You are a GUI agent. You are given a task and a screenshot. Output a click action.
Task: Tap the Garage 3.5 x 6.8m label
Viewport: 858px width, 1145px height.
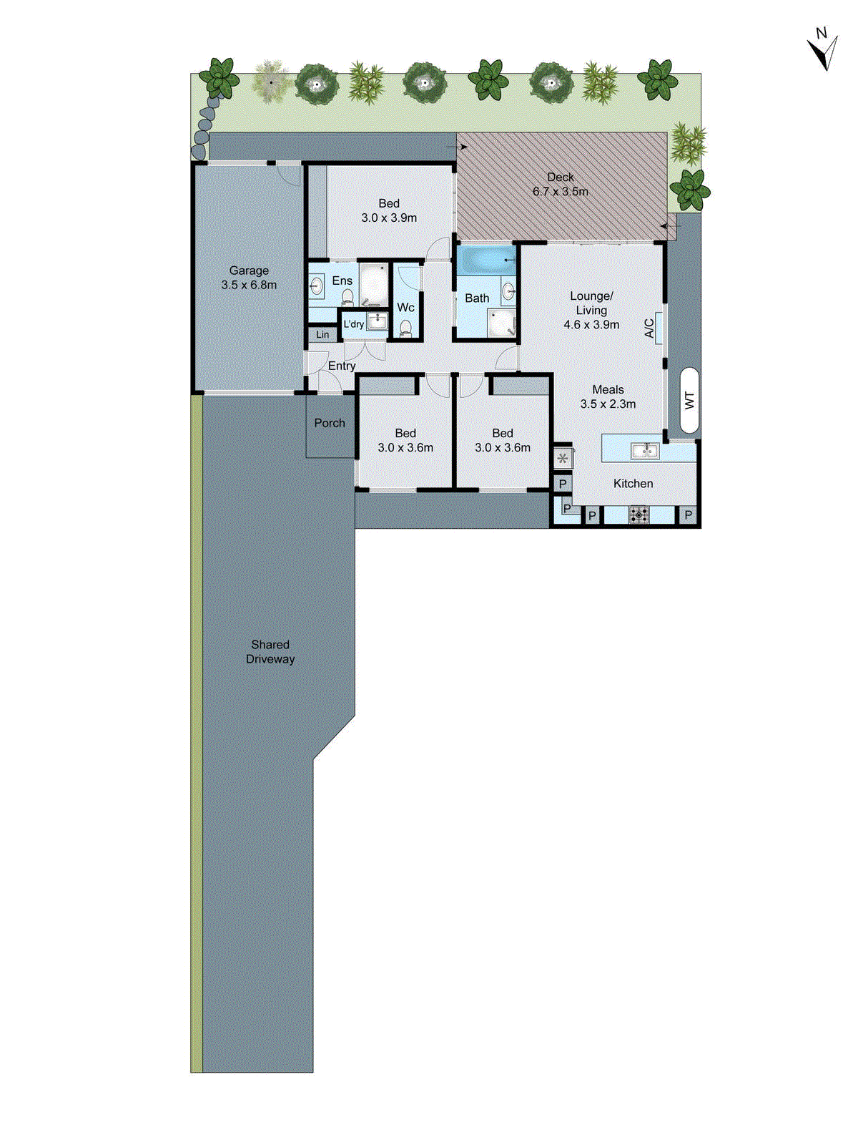249,278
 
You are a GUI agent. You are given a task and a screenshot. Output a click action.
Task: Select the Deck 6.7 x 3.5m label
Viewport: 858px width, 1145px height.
560,184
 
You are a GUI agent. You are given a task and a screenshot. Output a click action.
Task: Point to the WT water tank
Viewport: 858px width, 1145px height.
689,400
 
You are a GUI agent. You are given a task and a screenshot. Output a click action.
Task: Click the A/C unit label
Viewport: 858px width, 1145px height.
650,328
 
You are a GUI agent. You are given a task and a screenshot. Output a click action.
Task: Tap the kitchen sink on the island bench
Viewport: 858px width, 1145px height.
644,450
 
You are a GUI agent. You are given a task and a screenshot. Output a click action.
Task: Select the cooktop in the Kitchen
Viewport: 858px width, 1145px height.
638,514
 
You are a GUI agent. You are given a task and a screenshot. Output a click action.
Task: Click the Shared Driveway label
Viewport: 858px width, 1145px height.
270,652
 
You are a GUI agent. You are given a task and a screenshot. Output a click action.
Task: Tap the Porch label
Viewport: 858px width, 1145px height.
330,423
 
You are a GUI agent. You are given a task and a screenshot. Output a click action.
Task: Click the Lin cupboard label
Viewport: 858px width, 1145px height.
322,334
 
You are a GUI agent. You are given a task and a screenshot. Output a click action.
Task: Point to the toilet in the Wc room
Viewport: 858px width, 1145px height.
405,328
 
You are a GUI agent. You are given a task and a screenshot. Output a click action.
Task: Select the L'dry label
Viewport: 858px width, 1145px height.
353,324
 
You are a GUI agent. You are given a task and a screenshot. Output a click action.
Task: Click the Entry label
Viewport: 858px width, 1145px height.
342,366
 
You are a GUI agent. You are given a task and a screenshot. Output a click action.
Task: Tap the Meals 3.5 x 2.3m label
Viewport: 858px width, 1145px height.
608,396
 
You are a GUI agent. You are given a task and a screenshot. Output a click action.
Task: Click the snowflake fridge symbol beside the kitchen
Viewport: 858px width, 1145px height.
563,459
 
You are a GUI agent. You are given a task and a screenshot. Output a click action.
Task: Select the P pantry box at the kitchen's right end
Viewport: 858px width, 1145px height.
688,515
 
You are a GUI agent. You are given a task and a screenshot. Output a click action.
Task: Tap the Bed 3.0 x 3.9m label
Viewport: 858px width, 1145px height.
389,210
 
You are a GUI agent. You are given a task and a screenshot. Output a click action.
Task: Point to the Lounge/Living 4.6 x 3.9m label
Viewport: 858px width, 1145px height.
591,310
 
